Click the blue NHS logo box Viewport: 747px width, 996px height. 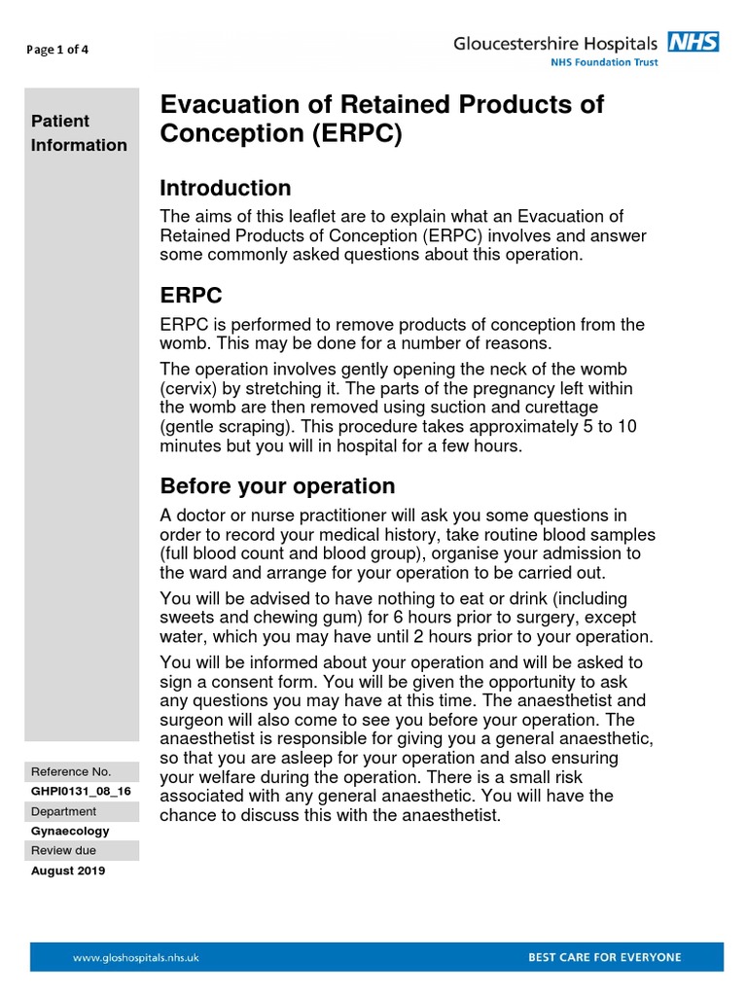[x=693, y=42]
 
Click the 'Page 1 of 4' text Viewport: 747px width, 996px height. [x=56, y=51]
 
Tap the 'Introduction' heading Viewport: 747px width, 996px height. [x=225, y=188]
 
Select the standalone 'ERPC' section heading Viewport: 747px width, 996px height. [x=192, y=295]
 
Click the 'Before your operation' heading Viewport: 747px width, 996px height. [x=277, y=485]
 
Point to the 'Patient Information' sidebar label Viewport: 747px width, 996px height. [x=79, y=133]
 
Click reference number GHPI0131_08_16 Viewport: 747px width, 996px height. [x=81, y=792]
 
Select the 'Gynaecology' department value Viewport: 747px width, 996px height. [x=70, y=831]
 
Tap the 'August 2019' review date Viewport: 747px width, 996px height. [x=68, y=871]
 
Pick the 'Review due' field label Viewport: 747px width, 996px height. [x=63, y=850]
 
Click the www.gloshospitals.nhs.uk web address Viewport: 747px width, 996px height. [x=136, y=957]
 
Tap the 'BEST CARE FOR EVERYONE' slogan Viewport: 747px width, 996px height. [x=604, y=957]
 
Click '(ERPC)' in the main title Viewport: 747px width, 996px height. [x=358, y=134]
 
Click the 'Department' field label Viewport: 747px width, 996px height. [x=64, y=811]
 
